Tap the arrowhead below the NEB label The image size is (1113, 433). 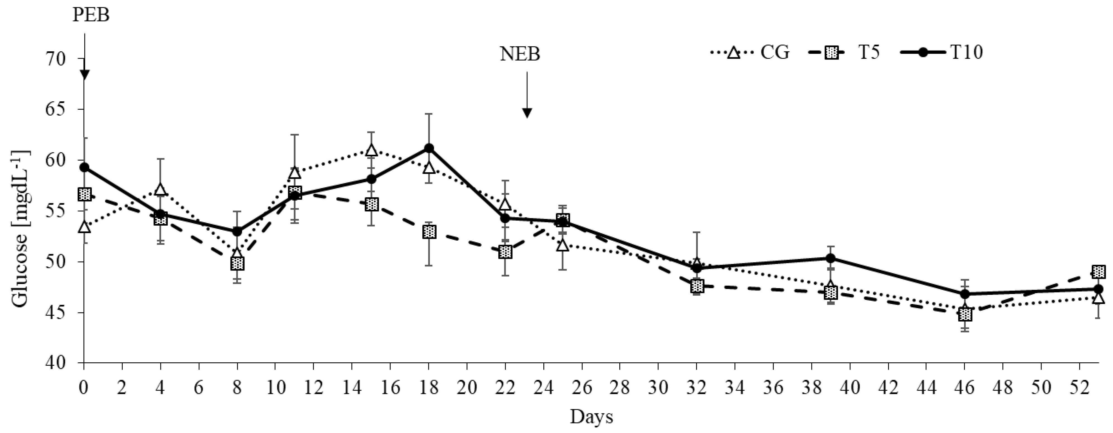point(527,113)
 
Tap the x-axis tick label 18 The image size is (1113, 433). point(428,388)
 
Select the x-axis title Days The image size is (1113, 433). point(591,417)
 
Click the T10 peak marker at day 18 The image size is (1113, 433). point(429,148)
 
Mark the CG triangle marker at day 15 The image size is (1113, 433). point(371,150)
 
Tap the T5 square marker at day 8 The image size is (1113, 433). point(237,263)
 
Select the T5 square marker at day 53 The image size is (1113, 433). point(1098,272)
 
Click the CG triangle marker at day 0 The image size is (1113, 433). point(85,227)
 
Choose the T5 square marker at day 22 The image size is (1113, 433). point(505,252)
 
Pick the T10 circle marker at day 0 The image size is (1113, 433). point(85,168)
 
